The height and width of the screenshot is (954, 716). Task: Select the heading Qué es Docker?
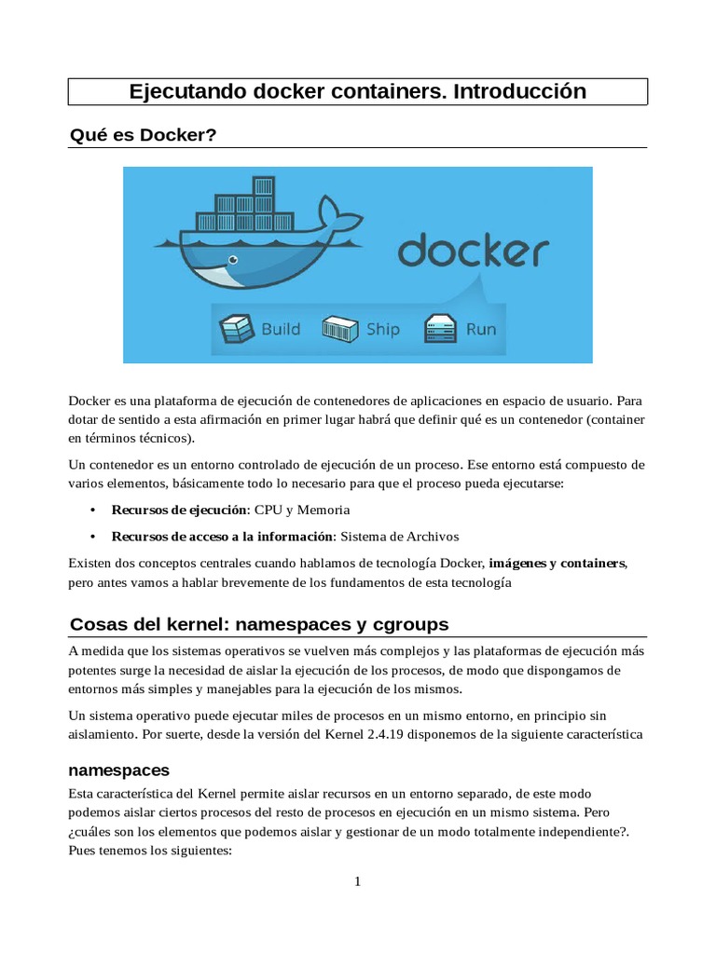[143, 136]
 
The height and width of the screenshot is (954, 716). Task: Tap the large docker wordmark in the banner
[474, 252]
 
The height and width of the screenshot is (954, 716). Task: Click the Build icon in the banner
[236, 329]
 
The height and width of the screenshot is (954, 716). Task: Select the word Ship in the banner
[382, 329]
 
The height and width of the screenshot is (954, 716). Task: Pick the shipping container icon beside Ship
[340, 329]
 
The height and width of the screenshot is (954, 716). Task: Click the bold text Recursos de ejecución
[178, 511]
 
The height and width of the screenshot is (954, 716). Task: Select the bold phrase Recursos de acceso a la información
[222, 537]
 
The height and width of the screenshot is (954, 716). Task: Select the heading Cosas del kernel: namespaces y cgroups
[259, 623]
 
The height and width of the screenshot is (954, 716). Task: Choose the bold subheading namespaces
[119, 770]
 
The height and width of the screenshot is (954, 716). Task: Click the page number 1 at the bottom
[357, 882]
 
